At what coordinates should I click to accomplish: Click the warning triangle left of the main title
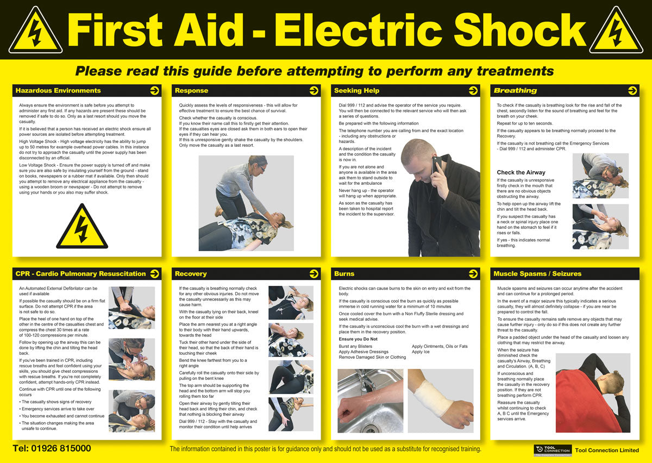(35, 32)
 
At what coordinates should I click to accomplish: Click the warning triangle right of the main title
(616, 32)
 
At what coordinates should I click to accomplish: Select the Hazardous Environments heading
(58, 91)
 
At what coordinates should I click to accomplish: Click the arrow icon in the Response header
(314, 91)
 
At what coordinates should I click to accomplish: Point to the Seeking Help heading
(356, 91)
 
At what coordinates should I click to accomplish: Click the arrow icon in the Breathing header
(632, 91)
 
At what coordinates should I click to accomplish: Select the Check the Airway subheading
(521, 173)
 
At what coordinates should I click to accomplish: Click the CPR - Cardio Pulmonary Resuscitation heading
(80, 274)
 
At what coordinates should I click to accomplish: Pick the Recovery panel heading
(191, 274)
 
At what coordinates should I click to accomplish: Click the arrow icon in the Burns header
(473, 274)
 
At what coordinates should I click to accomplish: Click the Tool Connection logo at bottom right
(551, 450)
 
